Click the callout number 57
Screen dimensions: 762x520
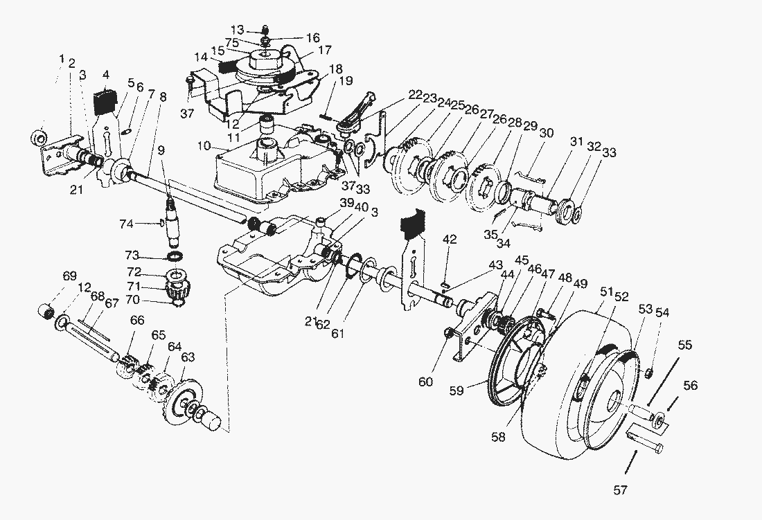620,490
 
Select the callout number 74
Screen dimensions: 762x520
126,224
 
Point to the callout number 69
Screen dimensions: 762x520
69,276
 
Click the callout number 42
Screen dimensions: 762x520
450,239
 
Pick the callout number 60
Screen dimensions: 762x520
426,382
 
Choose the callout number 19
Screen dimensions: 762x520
346,80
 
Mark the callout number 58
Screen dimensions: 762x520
499,437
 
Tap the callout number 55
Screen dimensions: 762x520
684,346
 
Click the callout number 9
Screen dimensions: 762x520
161,150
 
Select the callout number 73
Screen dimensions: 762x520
132,255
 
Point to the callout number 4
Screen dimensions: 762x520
106,75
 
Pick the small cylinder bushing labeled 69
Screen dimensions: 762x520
46,310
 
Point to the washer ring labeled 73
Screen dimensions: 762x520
174,256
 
